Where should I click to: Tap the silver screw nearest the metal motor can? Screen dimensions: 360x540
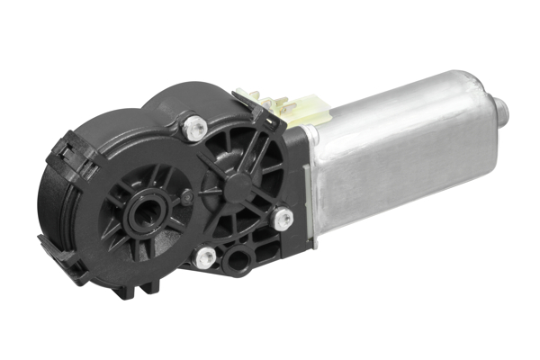point(283,216)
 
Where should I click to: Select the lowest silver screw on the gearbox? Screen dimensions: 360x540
point(205,257)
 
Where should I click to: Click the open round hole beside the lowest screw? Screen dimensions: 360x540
point(238,262)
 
